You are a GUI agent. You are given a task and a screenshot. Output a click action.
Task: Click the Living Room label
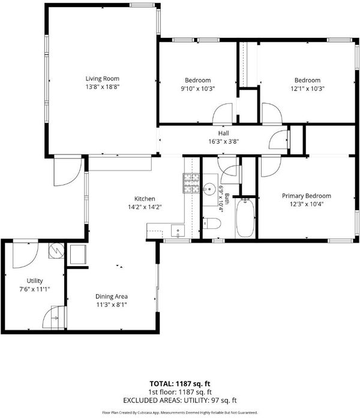point(102,79)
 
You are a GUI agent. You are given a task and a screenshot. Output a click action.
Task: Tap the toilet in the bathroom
point(212,223)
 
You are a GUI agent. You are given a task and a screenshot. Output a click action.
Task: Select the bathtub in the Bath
point(245,218)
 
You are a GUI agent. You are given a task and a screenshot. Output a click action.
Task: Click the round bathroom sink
point(210,189)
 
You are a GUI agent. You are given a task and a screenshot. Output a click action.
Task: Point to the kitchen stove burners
point(191,183)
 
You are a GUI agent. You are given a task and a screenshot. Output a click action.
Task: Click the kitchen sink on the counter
point(178,231)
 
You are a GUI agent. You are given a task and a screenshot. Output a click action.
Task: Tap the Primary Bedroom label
point(307,196)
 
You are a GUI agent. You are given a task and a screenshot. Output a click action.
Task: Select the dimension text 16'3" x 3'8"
point(223,142)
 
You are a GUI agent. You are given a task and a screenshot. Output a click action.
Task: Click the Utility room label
point(35,280)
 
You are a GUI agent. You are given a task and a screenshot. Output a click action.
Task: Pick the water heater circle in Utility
point(56,250)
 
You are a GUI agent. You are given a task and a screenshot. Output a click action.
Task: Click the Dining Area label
point(112,297)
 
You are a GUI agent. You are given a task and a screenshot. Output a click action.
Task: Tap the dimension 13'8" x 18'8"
point(102,86)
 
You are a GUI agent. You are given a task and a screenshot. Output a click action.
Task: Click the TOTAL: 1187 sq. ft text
point(180,384)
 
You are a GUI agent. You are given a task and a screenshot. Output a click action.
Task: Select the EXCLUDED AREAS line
point(180,400)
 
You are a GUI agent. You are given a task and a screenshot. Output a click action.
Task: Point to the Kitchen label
point(145,199)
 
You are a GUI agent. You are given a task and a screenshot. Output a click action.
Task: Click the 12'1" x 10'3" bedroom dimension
point(307,88)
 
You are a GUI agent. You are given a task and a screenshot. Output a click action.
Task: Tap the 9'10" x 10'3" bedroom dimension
point(197,88)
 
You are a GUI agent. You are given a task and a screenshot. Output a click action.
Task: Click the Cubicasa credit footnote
point(180,413)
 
